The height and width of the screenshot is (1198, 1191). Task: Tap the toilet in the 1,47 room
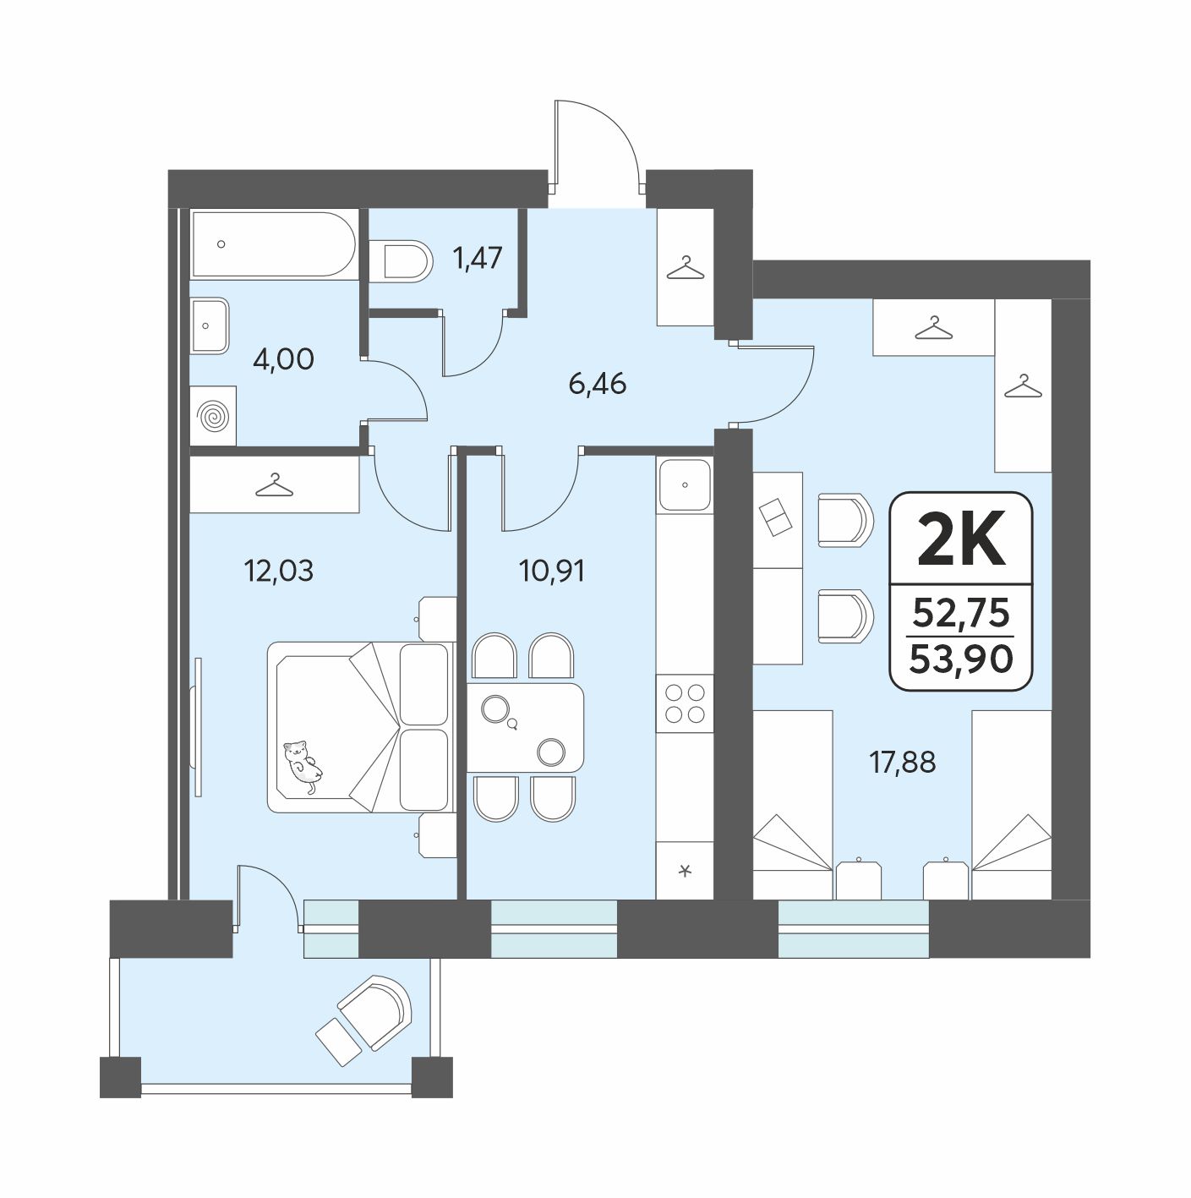tap(401, 261)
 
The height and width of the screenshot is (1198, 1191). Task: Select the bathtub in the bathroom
tap(274, 243)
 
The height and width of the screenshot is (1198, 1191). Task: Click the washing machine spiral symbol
tap(213, 416)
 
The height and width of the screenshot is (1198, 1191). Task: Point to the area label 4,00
tap(283, 359)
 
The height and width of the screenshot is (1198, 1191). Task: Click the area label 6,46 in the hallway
tap(598, 384)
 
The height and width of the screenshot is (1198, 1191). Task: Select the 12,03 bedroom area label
tap(279, 571)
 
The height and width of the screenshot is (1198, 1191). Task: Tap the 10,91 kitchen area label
tap(551, 571)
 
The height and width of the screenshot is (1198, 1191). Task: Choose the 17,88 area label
tap(902, 762)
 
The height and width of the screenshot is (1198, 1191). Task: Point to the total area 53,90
tap(961, 659)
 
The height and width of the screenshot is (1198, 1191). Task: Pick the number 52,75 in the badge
tap(961, 613)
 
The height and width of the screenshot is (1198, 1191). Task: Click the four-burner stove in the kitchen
tap(685, 703)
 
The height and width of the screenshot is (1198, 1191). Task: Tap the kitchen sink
tap(685, 485)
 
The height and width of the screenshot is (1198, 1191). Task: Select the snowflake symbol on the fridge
tap(685, 871)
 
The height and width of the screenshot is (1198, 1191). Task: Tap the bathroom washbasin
tap(209, 325)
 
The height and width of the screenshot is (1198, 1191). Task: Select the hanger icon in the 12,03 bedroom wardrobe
tap(274, 485)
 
